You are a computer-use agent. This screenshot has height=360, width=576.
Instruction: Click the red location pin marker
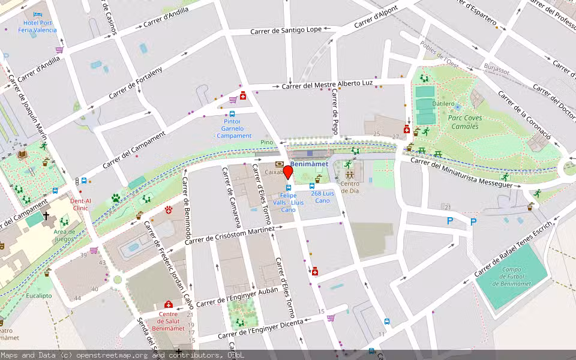pyautogui.click(x=288, y=172)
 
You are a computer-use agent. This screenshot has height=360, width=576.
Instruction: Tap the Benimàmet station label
pyautogui.click(x=310, y=163)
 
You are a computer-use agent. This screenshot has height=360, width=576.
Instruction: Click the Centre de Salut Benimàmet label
pyautogui.click(x=168, y=321)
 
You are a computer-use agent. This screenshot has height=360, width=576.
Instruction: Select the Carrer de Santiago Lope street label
pyautogui.click(x=286, y=30)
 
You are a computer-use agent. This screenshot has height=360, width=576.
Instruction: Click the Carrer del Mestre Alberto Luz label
pyautogui.click(x=327, y=85)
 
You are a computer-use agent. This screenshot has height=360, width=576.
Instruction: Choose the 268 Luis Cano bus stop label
pyautogui.click(x=322, y=197)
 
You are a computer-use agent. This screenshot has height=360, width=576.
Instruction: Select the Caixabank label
pyautogui.click(x=274, y=172)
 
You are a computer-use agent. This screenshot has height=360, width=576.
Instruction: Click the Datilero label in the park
pyautogui.click(x=443, y=103)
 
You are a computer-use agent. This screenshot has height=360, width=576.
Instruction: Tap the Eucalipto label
pyautogui.click(x=38, y=296)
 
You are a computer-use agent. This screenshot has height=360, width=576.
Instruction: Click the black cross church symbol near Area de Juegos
pyautogui.click(x=46, y=215)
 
